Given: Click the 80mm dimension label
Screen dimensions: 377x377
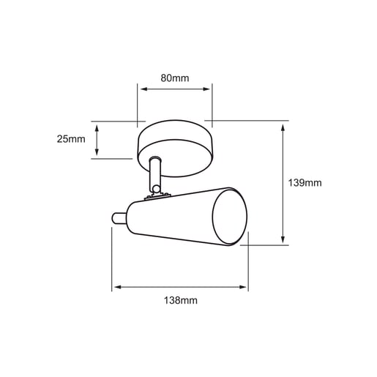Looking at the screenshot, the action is pyautogui.click(x=175, y=78).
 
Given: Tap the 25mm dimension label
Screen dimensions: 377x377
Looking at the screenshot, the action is pyautogui.click(x=71, y=139).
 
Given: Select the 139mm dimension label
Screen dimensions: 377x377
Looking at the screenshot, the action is pyautogui.click(x=305, y=183).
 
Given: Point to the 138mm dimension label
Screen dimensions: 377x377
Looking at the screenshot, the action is pyautogui.click(x=180, y=300).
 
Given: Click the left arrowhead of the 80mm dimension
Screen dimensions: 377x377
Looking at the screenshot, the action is pyautogui.click(x=144, y=89).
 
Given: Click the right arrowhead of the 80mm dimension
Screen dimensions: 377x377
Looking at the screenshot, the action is pyautogui.click(x=206, y=89).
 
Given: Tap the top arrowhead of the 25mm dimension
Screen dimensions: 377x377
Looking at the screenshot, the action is pyautogui.click(x=97, y=128).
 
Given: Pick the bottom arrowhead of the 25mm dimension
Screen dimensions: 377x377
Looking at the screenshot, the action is pyautogui.click(x=97, y=152).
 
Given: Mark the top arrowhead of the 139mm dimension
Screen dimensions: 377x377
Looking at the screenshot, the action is pyautogui.click(x=283, y=127).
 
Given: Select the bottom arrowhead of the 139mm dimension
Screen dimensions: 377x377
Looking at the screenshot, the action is pyautogui.click(x=283, y=239).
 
